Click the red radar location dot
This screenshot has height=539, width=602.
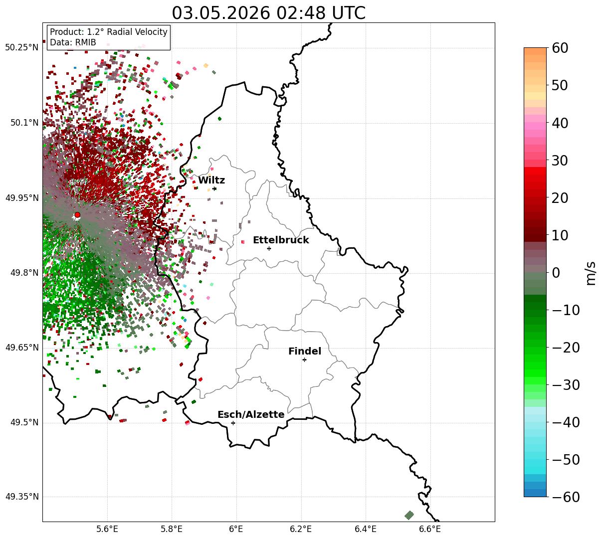point(77,215)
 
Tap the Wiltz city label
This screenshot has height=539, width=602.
point(211,180)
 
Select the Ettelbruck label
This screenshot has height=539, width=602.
point(281,240)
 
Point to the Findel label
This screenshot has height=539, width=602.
point(305,351)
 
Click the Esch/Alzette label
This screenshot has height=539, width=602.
point(251,414)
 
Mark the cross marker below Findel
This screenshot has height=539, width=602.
point(304,360)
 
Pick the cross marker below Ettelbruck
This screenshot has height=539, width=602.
point(269,249)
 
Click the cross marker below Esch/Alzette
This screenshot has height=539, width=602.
point(233,423)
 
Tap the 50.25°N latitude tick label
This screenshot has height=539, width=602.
point(22,47)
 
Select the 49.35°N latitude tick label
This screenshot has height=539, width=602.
point(22,497)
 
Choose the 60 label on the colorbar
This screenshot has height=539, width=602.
point(560,48)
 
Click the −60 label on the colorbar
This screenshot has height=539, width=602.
point(566,497)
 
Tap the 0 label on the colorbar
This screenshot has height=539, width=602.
point(556,272)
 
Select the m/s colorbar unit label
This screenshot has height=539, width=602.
point(591,273)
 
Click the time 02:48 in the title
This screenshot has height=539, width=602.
point(301,13)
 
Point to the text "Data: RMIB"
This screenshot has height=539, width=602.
point(73,42)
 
